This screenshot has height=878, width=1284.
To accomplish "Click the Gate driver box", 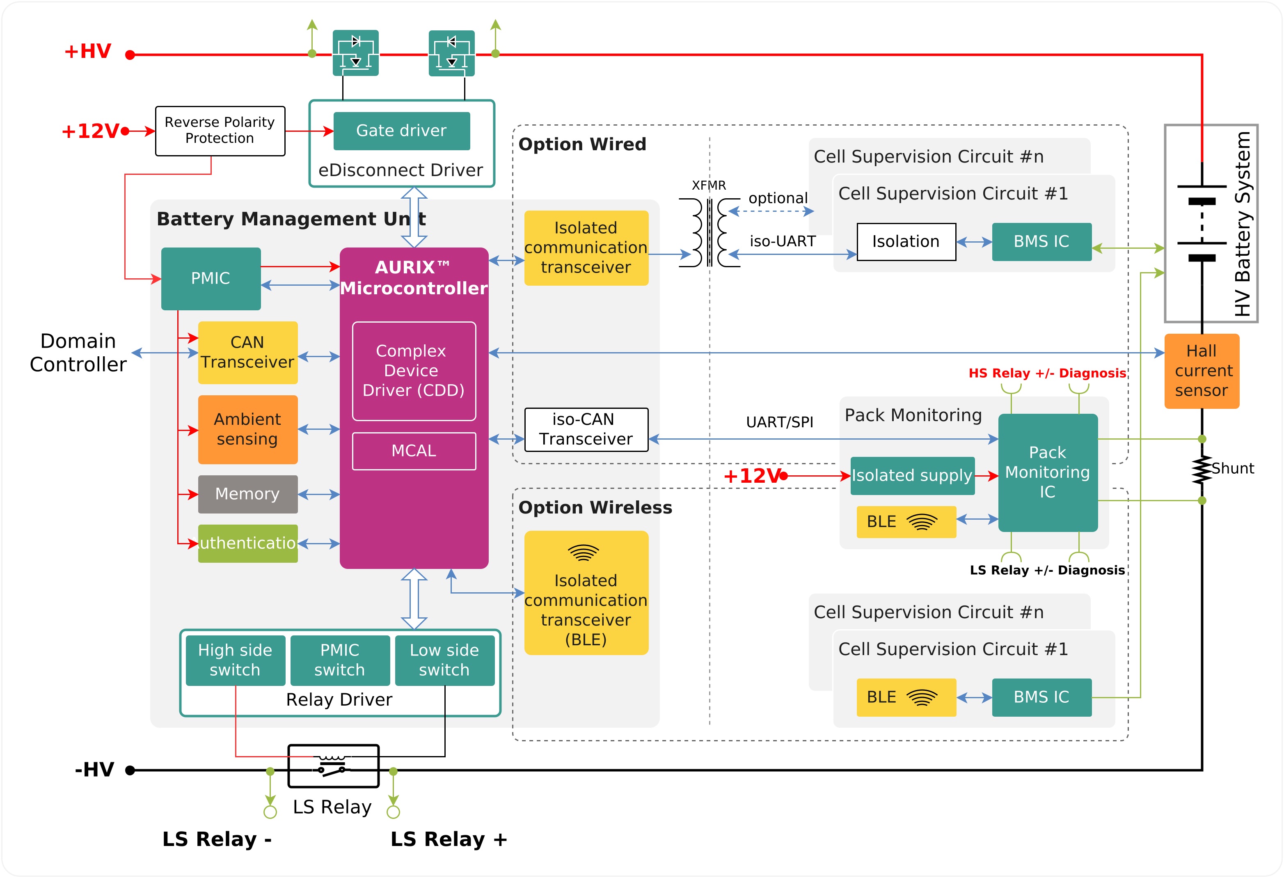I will (x=402, y=131).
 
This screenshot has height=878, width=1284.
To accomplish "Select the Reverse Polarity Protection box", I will (x=220, y=131).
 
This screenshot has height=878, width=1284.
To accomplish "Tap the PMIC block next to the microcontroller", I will (x=211, y=278).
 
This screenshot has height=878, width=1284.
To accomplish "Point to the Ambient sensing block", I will (x=247, y=429).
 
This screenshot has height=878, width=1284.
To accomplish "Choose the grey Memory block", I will (x=247, y=494).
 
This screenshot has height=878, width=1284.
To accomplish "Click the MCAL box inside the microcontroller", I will (x=414, y=451).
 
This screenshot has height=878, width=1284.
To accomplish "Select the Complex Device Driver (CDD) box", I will (x=414, y=371).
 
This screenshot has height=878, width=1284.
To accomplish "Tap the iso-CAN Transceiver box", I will (x=586, y=429).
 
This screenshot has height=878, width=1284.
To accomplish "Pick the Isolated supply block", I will (x=912, y=476).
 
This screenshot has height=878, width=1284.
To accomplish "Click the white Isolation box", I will (x=906, y=241).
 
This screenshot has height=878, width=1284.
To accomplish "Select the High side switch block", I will (x=236, y=660).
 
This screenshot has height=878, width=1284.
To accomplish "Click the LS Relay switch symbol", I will (x=333, y=766).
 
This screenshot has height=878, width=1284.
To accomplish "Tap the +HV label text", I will (x=88, y=51).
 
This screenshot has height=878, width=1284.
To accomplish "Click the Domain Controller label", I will (x=78, y=353).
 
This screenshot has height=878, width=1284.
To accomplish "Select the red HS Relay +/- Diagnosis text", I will (x=1047, y=374).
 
